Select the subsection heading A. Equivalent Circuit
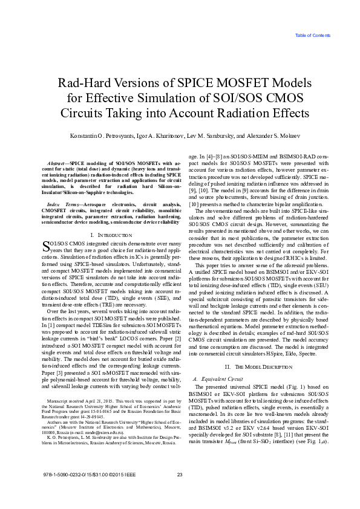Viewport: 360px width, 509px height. click(x=217, y=361)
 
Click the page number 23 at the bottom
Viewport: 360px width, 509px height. click(x=180, y=491)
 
